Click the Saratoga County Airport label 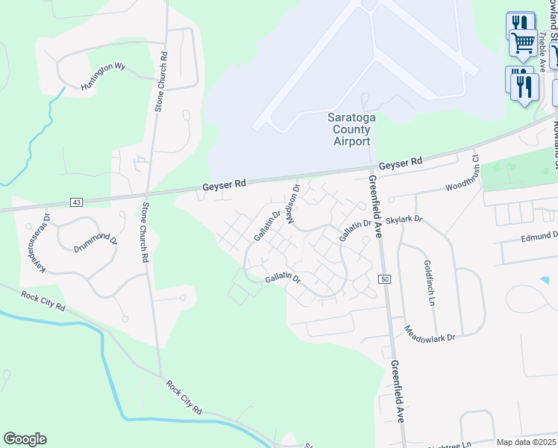pyautogui.click(x=349, y=129)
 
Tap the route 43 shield pyautogui.click(x=77, y=202)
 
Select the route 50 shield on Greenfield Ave pyautogui.click(x=384, y=279)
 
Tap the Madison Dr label pyautogui.click(x=292, y=205)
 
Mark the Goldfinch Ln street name pyautogui.click(x=429, y=284)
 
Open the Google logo pyautogui.click(x=25, y=439)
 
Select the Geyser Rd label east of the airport pyautogui.click(x=400, y=163)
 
